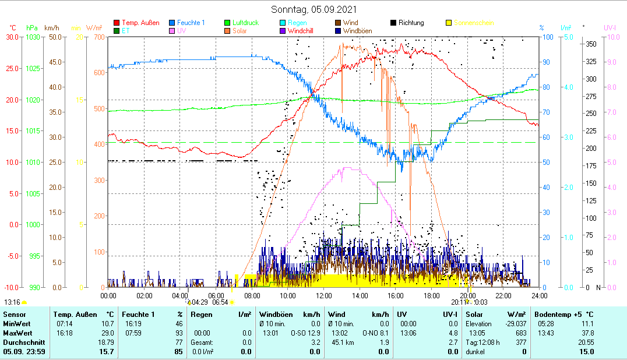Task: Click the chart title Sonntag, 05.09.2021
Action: pos(314,9)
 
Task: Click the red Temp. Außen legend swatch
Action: pos(117,23)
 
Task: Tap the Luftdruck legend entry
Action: pos(245,23)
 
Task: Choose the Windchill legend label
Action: pos(301,31)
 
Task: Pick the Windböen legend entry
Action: pos(357,31)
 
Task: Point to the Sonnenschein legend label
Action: pos(474,23)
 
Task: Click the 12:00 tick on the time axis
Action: pos(323,295)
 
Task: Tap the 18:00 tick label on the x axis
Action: pos(431,295)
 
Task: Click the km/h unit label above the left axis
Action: pos(52,27)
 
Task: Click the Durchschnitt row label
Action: pos(22,342)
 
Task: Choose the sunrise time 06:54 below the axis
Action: pos(220,302)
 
